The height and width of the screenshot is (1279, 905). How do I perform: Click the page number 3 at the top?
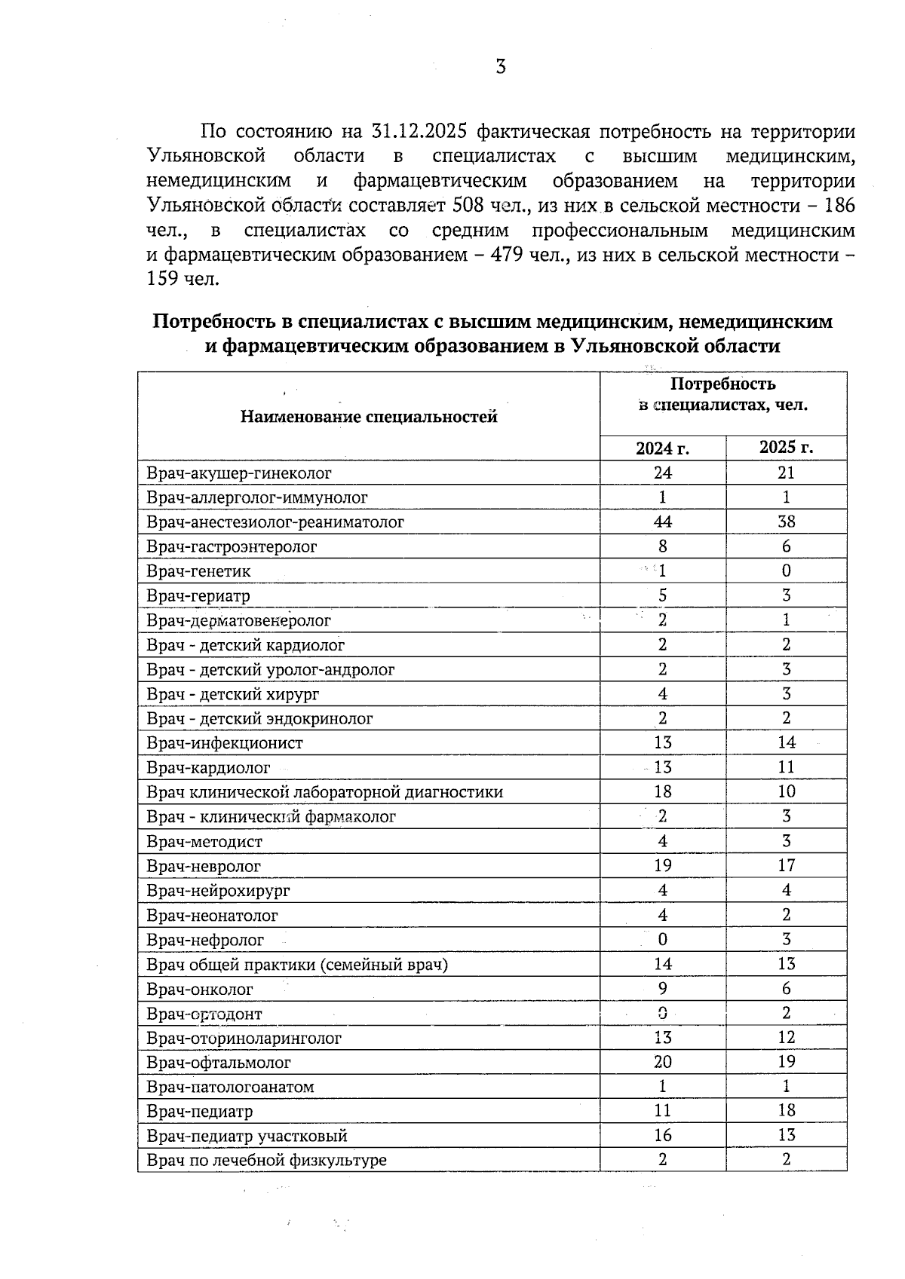[501, 67]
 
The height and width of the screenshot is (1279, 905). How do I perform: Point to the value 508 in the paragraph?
[468, 206]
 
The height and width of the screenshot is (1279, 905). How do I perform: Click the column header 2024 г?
[662, 448]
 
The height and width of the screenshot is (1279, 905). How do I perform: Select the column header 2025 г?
[786, 448]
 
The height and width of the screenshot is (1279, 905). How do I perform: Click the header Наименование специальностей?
[369, 417]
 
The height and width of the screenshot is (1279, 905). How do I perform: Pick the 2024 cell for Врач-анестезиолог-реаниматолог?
[662, 522]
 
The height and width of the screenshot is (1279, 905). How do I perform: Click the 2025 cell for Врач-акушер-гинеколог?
[786, 473]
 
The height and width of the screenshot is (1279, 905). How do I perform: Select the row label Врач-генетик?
[198, 571]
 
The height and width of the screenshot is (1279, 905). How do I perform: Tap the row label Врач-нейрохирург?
[218, 891]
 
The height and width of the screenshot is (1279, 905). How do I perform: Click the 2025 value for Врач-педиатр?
[786, 1111]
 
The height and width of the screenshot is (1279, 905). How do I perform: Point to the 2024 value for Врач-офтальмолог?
[662, 1062]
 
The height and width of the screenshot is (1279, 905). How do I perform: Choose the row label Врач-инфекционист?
[225, 743]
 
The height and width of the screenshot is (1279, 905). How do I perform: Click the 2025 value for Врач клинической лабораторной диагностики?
[786, 791]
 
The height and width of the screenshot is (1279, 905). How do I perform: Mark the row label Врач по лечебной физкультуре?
[266, 1160]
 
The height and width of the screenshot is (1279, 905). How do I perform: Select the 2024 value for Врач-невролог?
[662, 865]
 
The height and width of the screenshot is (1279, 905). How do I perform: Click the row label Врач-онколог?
[200, 989]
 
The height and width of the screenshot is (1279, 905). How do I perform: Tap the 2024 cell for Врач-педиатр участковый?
[662, 1135]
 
